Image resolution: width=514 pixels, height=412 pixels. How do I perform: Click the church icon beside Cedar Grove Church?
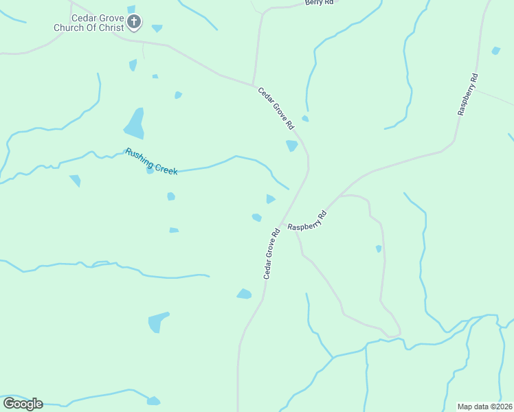point(134,23)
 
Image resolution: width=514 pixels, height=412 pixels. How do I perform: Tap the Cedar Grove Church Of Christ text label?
point(90,23)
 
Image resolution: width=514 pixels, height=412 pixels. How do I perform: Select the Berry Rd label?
point(319,3)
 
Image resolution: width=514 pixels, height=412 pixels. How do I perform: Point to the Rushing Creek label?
point(151,161)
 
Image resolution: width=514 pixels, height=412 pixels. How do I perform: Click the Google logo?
point(23,403)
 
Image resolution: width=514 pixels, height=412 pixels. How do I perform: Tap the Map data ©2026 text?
point(484,406)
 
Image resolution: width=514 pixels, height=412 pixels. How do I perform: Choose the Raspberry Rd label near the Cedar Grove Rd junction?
point(307,220)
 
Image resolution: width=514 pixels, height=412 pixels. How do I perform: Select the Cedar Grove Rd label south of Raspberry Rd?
point(271,253)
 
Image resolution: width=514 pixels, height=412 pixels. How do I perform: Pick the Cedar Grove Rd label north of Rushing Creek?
point(276,108)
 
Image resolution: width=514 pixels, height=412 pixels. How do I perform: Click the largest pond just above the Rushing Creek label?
point(135,124)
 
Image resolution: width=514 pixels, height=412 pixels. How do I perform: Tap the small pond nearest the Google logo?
point(153,401)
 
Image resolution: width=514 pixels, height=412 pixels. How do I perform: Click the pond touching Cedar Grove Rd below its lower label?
point(244,294)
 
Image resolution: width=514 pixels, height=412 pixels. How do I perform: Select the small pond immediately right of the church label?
point(157,28)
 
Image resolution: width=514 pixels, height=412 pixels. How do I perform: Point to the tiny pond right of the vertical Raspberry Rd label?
point(496,50)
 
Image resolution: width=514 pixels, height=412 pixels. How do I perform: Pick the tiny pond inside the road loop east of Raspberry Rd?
point(379,249)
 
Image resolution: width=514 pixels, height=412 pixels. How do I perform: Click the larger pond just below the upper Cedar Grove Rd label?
point(292,146)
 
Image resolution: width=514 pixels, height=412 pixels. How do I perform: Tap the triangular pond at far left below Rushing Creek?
point(75,181)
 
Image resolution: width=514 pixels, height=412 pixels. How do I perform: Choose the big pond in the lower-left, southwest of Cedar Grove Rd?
point(158,321)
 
